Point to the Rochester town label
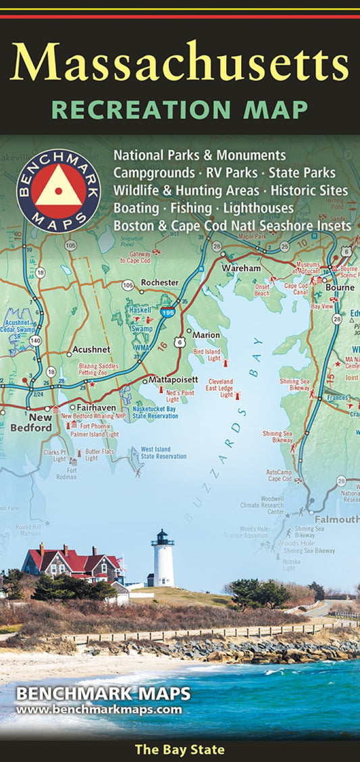tap(159, 282)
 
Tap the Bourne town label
tap(339, 287)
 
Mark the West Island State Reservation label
tap(163, 453)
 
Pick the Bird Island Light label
tap(207, 355)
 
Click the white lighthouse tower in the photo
tap(163, 559)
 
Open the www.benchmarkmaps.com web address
tap(99, 709)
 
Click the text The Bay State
tap(180, 749)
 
